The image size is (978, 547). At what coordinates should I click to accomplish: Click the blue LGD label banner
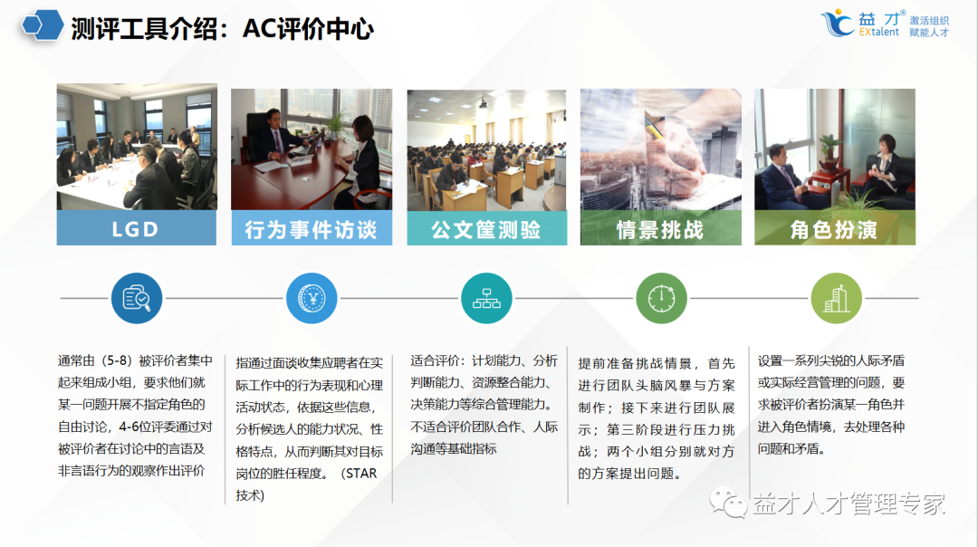click(136, 228)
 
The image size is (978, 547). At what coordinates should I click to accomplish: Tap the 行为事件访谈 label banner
click(311, 228)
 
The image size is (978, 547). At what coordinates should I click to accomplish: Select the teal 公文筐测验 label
click(486, 228)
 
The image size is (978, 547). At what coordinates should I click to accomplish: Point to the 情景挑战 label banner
click(660, 228)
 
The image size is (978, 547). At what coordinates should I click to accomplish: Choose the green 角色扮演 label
click(834, 228)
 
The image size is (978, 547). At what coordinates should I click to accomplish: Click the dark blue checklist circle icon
click(137, 298)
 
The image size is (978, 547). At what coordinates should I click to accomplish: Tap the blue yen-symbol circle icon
click(312, 298)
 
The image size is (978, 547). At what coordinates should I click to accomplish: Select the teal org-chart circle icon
click(486, 298)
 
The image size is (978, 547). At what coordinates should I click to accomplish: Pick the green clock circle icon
click(661, 298)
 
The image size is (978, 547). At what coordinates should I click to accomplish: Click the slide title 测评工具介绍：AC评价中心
click(222, 29)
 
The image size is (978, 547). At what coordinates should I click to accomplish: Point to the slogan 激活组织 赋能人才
click(929, 26)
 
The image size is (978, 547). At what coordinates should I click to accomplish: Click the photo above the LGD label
click(136, 147)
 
